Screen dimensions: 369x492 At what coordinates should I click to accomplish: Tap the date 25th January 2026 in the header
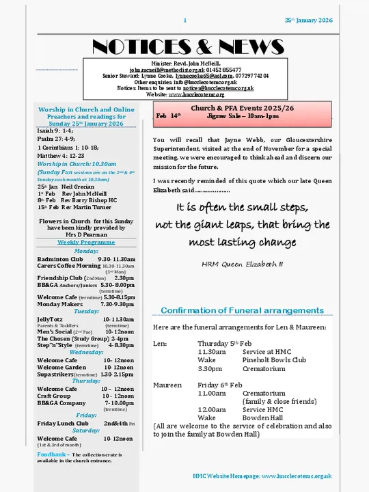[308, 20]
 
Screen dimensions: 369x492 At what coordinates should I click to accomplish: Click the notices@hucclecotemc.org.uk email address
[218, 88]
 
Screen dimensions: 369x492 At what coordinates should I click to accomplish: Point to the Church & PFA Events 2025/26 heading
[242, 108]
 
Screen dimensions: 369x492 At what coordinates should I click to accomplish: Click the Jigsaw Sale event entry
[243, 116]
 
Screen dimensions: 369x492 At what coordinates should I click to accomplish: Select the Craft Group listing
[54, 396]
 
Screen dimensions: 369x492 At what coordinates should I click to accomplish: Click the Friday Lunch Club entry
[62, 424]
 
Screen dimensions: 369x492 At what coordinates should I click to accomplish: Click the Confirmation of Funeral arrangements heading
[242, 310]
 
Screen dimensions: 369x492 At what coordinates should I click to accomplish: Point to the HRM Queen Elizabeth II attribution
[242, 263]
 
